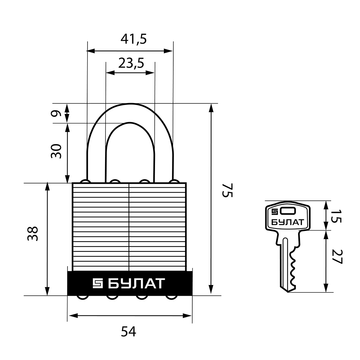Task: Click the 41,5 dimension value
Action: point(133,39)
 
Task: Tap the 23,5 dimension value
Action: point(131,63)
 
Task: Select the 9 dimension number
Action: point(56,114)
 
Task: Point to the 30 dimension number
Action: point(56,151)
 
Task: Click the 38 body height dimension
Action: point(32,233)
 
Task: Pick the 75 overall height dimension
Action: point(227,190)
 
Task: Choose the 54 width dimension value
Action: point(129,332)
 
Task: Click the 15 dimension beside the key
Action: point(336,216)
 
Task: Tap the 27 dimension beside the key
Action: point(336,256)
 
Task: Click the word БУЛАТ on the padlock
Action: point(136,283)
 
